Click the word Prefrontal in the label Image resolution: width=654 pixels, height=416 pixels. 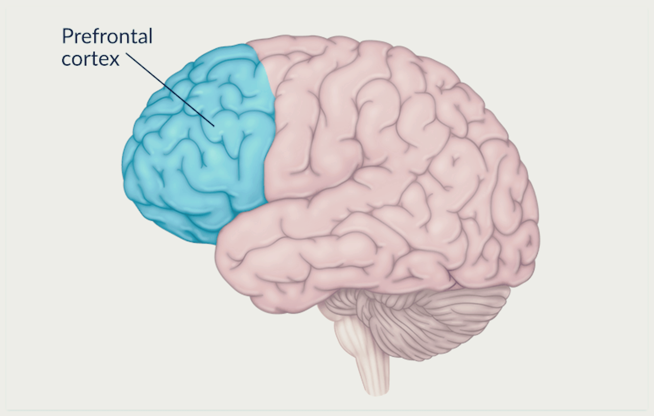click(107, 37)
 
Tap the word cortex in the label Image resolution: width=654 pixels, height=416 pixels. click(90, 58)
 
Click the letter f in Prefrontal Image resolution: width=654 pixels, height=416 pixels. click(91, 36)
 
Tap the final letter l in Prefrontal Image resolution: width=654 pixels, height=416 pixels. click(150, 36)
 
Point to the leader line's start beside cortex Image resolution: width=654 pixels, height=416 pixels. click(126, 53)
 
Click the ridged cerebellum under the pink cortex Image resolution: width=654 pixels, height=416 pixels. click(439, 317)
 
